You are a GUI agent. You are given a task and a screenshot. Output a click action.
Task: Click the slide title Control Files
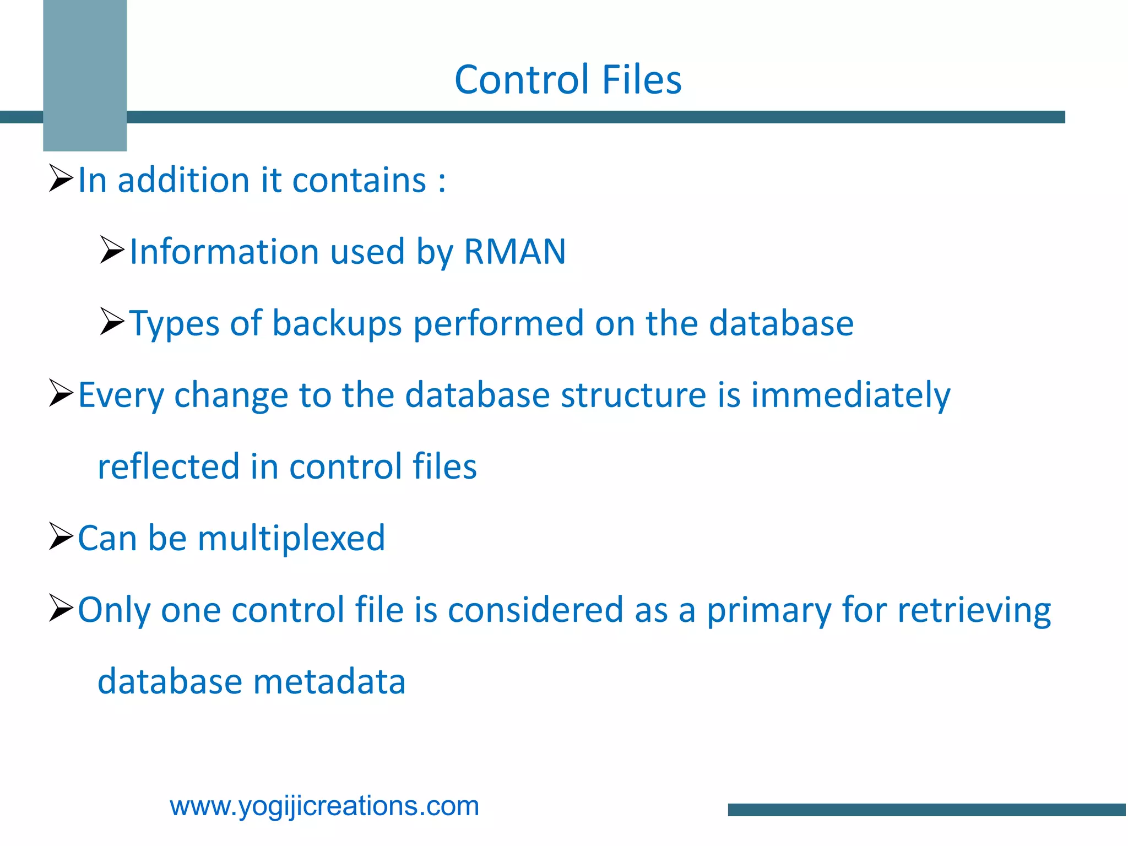coord(568,80)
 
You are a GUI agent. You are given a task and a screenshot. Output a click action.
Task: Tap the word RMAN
coord(515,252)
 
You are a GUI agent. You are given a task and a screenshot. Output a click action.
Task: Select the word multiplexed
coord(291,538)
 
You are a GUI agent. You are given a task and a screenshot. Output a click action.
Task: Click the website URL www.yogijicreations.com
coord(324,806)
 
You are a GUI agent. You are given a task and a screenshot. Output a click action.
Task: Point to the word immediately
coord(851,395)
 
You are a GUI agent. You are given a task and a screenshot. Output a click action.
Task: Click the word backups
coord(337,323)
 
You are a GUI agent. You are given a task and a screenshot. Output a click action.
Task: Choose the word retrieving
coord(974,610)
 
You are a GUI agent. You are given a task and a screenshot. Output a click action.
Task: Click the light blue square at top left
coord(85,75)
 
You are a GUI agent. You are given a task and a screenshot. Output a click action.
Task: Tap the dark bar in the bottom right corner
coord(927,810)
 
